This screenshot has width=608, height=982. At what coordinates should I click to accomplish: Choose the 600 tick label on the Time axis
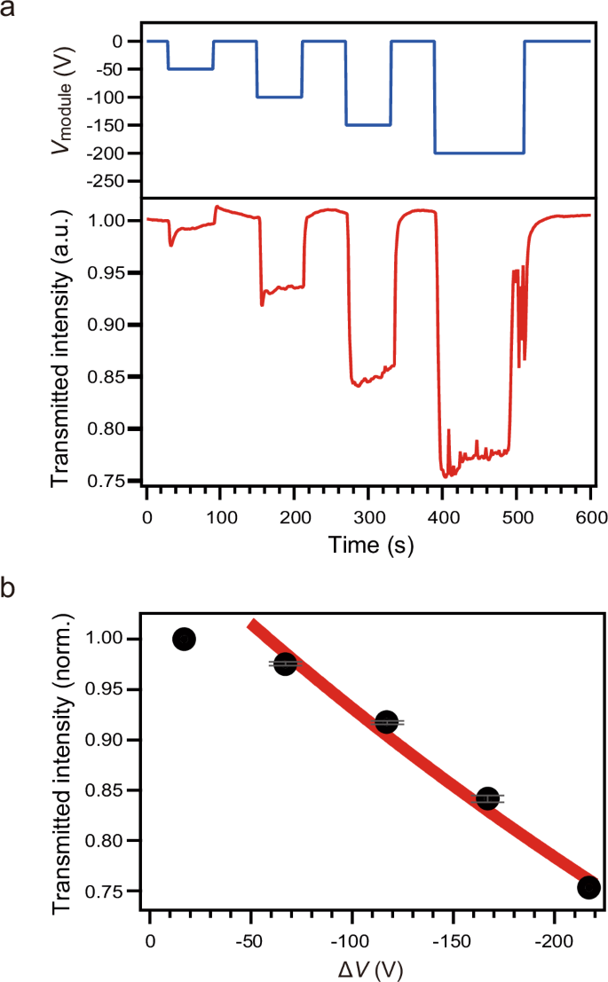tap(590, 516)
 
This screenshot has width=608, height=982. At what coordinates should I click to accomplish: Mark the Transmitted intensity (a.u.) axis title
tap(61, 346)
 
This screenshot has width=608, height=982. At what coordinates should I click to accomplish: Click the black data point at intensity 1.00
tap(184, 639)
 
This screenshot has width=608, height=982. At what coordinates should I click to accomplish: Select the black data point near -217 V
tap(588, 887)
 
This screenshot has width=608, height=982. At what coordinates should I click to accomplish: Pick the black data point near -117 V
tap(386, 722)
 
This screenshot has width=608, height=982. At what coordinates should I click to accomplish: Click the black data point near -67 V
tap(285, 664)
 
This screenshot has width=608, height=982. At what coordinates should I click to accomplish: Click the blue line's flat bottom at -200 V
tap(479, 153)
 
